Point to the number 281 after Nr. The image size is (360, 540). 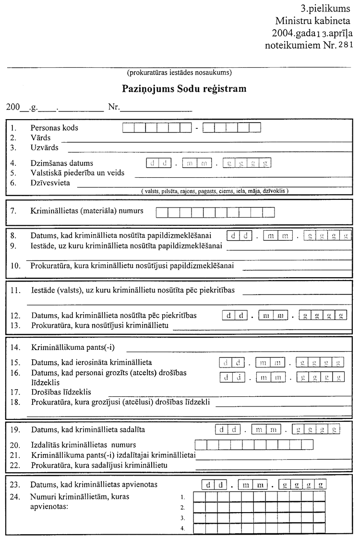coord(345,45)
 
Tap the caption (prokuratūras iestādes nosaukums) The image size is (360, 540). coord(180,73)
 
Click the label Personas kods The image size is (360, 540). coord(54,128)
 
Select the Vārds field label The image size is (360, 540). coord(40,137)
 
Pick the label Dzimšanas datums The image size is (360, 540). coord(62,163)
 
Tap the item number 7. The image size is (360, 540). coord(13,210)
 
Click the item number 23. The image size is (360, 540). coord(15,484)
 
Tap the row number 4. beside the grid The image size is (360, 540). coord(182,529)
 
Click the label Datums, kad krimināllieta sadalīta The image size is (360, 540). coord(88,429)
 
